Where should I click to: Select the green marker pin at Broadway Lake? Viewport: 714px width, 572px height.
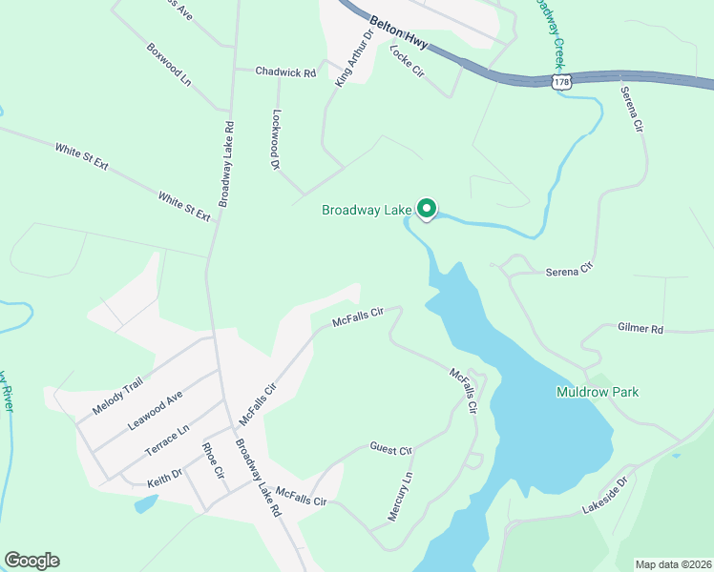pos(428,208)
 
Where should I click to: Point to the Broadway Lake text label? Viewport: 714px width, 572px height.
pos(367,210)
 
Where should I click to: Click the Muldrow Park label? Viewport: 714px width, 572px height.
pos(598,392)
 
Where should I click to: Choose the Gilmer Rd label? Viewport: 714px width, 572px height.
pos(640,329)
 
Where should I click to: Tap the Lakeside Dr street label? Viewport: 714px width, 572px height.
pos(607,498)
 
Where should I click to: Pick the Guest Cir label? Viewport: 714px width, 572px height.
pos(390,448)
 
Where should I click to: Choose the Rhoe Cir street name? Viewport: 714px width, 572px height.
pos(212,461)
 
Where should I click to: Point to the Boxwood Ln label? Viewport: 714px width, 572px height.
pos(169,64)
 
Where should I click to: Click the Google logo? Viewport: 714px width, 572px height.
pos(31,561)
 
